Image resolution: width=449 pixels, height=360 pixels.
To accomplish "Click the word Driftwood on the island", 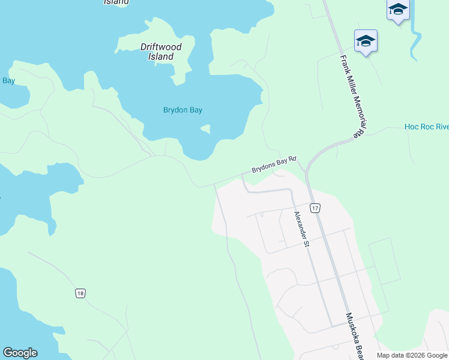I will [161, 47].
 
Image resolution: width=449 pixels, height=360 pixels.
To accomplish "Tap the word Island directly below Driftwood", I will [161, 56].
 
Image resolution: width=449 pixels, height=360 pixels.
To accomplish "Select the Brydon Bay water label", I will [182, 110].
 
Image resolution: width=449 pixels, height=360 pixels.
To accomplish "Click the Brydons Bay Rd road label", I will [274, 164].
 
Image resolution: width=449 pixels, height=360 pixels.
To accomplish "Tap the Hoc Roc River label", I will [426, 127].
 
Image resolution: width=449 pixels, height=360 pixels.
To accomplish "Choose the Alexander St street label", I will [301, 229].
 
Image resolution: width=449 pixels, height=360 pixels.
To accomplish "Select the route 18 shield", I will [80, 293].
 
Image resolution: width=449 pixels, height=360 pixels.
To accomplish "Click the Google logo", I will [20, 353].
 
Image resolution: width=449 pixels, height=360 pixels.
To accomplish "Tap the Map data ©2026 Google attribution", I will [412, 355].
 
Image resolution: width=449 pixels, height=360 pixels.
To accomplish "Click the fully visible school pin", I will [366, 41].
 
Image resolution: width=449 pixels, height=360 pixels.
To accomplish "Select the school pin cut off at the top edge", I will [398, 10].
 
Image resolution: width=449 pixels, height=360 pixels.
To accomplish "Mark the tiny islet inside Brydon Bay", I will [206, 128].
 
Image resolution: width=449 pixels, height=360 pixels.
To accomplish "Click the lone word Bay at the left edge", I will [8, 80].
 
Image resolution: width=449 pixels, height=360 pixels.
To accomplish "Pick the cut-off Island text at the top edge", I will [116, 2].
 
